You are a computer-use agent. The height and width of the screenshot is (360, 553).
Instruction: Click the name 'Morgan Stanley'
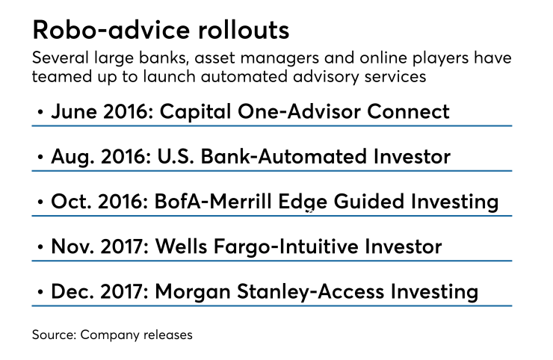pyautogui.click(x=237, y=291)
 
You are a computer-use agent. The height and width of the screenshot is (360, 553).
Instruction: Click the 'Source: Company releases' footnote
pyautogui.click(x=111, y=335)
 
